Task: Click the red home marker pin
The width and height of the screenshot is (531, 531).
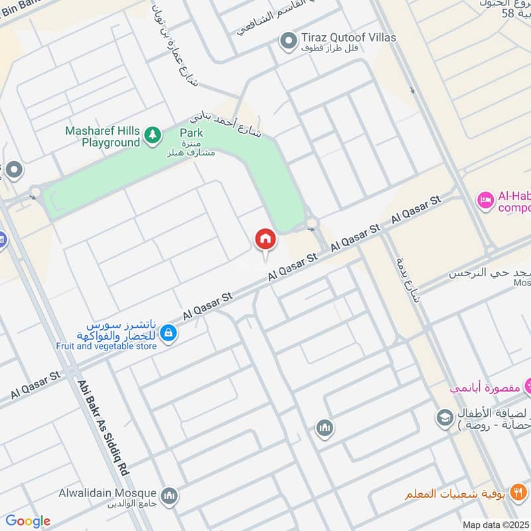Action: click(x=264, y=240)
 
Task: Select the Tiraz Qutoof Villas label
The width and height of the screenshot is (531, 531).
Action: click(x=348, y=38)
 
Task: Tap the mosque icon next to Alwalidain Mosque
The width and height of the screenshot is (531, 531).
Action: click(x=170, y=495)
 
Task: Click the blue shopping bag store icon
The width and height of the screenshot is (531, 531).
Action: click(x=169, y=332)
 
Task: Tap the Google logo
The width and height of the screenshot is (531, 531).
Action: click(x=28, y=521)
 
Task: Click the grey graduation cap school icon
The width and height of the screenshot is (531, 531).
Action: click(x=443, y=417)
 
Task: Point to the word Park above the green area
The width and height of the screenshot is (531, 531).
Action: click(x=191, y=133)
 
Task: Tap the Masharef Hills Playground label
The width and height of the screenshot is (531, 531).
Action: click(x=103, y=136)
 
